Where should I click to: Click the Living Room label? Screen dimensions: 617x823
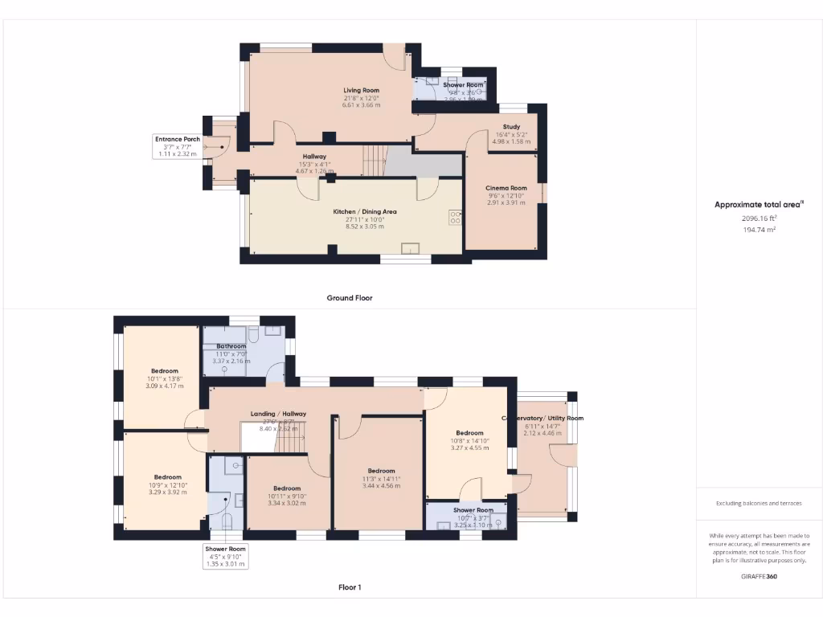[x=361, y=91]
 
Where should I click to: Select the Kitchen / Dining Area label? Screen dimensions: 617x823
[x=365, y=212]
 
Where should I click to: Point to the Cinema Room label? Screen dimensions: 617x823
[x=506, y=188]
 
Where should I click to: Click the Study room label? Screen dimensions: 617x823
[x=511, y=127]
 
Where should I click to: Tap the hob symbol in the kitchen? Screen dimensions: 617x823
[x=455, y=218]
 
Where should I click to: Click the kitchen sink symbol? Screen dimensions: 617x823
[x=410, y=248]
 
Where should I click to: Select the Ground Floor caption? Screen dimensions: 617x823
[x=350, y=298]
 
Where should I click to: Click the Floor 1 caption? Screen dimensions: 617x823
[x=350, y=587]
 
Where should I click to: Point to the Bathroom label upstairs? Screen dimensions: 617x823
[x=231, y=346]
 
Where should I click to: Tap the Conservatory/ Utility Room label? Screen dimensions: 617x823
[x=543, y=419]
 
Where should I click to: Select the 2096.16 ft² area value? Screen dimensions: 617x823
[x=759, y=218]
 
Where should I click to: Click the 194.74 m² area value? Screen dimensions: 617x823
[x=759, y=229]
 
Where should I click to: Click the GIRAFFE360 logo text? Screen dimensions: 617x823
[x=759, y=576]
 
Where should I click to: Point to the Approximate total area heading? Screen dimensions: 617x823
[x=758, y=205]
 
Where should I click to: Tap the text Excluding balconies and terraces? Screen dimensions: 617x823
[x=759, y=504]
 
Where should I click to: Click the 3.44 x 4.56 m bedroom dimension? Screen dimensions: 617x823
[x=381, y=486]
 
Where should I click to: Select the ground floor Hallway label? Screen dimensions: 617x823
[x=314, y=157]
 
